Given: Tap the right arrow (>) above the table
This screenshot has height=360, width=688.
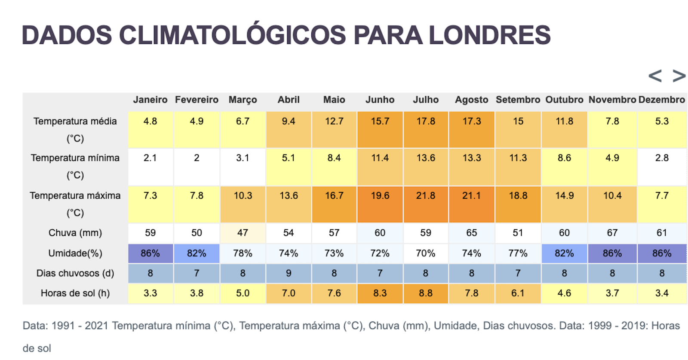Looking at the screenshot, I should click(x=679, y=76).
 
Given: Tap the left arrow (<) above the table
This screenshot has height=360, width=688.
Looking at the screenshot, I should click(x=655, y=76).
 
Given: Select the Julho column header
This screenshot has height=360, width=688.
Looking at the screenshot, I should click(x=426, y=100).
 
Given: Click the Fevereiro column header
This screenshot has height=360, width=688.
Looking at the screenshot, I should click(x=197, y=100).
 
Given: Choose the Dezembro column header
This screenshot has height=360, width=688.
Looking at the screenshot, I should click(x=661, y=100).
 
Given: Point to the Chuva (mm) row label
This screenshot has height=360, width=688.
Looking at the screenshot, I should click(x=75, y=233).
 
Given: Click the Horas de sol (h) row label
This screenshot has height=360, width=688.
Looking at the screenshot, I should click(x=75, y=293).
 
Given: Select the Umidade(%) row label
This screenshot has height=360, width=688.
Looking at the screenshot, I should click(x=75, y=253).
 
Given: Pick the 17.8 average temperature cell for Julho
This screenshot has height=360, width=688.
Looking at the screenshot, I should click(x=426, y=122).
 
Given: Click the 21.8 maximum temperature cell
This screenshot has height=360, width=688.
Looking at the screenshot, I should click(x=426, y=196).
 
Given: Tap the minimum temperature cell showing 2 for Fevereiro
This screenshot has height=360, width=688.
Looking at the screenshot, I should click(x=197, y=158).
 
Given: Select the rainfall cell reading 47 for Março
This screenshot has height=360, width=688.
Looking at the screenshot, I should click(x=243, y=233).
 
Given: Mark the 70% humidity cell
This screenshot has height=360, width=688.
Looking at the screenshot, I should click(x=426, y=253).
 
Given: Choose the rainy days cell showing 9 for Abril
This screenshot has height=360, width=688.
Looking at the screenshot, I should click(x=289, y=273).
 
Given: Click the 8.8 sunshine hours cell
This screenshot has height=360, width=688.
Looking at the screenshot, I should click(x=426, y=293).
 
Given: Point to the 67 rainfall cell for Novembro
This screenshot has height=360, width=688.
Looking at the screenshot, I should click(x=612, y=233).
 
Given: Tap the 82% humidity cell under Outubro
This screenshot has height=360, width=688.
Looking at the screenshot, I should click(x=564, y=253).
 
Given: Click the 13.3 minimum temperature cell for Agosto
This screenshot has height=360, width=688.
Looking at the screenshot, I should click(x=472, y=158).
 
